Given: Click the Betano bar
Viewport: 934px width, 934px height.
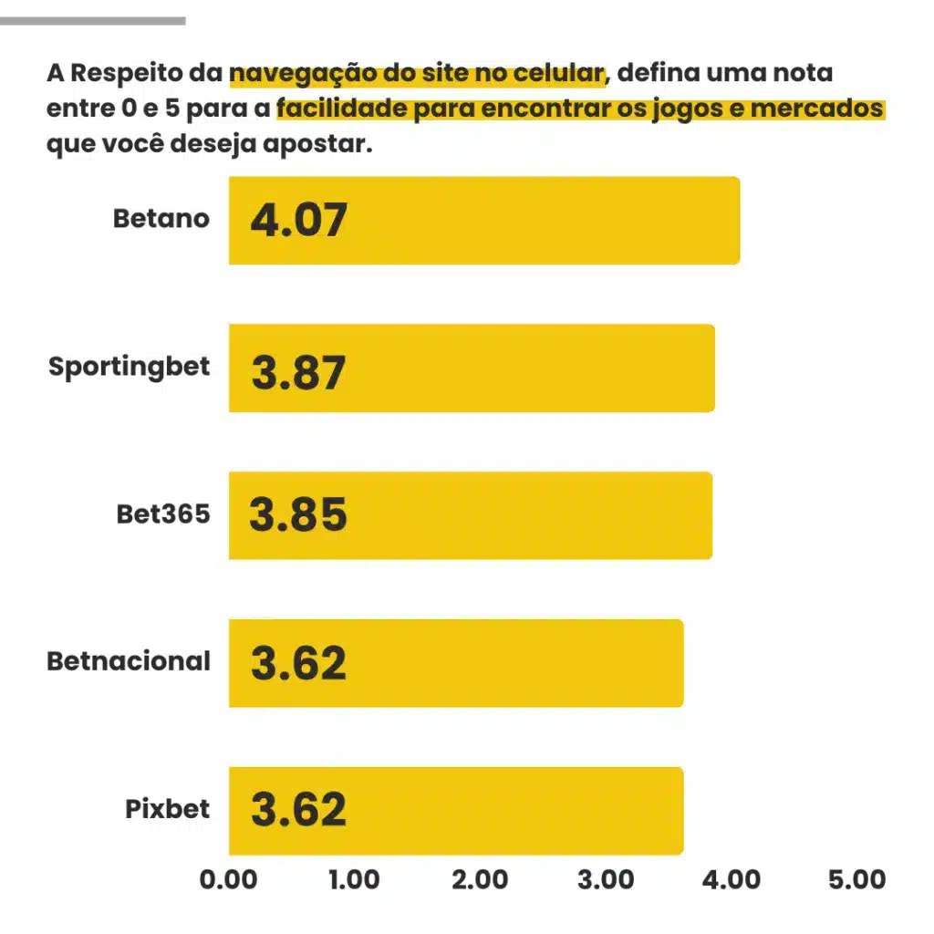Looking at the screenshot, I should pyautogui.click(x=483, y=220).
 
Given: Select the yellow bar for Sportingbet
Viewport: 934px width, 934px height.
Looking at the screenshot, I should pyautogui.click(x=471, y=368).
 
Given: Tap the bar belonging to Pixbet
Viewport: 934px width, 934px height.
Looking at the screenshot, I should pyautogui.click(x=455, y=810).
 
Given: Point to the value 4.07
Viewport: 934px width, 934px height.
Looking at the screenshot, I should pyautogui.click(x=298, y=221).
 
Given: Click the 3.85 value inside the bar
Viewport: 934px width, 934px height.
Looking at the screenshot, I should pyautogui.click(x=298, y=515).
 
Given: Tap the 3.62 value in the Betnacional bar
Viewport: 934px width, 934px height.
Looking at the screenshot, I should pyautogui.click(x=298, y=663).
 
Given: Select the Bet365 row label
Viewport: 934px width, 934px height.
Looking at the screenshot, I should pyautogui.click(x=163, y=514).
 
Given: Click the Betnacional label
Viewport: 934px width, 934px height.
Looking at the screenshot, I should pyautogui.click(x=129, y=660).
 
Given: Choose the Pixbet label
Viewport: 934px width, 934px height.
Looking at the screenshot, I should pyautogui.click(x=168, y=809).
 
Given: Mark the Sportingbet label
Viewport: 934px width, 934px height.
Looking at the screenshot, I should pyautogui.click(x=130, y=367).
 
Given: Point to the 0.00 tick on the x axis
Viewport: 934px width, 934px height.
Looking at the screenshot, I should pyautogui.click(x=228, y=879).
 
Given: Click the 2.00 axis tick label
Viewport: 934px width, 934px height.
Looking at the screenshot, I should pyautogui.click(x=480, y=879).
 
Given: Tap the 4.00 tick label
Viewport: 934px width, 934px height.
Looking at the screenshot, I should pyautogui.click(x=732, y=879).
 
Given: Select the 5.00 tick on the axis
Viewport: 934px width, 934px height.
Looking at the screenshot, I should pyautogui.click(x=856, y=879).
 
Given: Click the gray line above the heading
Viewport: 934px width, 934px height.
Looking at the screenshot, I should pyautogui.click(x=92, y=20).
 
